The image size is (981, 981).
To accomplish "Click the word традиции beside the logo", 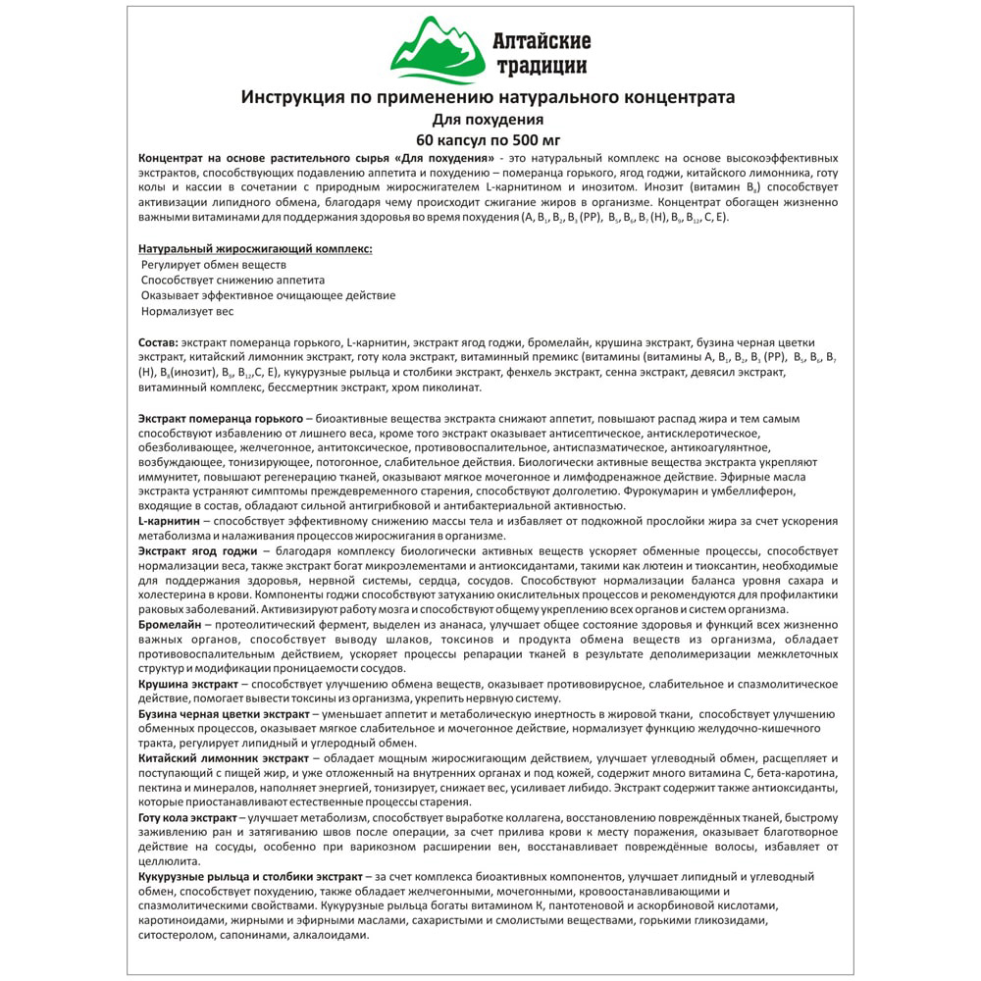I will [x=541, y=66].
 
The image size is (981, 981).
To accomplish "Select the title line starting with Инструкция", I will [x=488, y=97].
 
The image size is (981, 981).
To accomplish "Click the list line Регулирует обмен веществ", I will [x=213, y=265].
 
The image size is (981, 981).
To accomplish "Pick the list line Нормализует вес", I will [x=187, y=311].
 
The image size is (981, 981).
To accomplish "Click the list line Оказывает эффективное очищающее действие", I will [x=268, y=295].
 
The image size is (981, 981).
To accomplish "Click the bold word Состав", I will [x=158, y=341].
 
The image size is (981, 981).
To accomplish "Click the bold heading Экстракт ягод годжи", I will [x=195, y=552].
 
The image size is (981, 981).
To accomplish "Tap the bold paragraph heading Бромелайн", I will [x=170, y=624].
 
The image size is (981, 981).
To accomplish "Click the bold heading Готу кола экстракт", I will [x=187, y=817].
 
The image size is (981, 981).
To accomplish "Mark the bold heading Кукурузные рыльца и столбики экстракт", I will [x=251, y=876].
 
